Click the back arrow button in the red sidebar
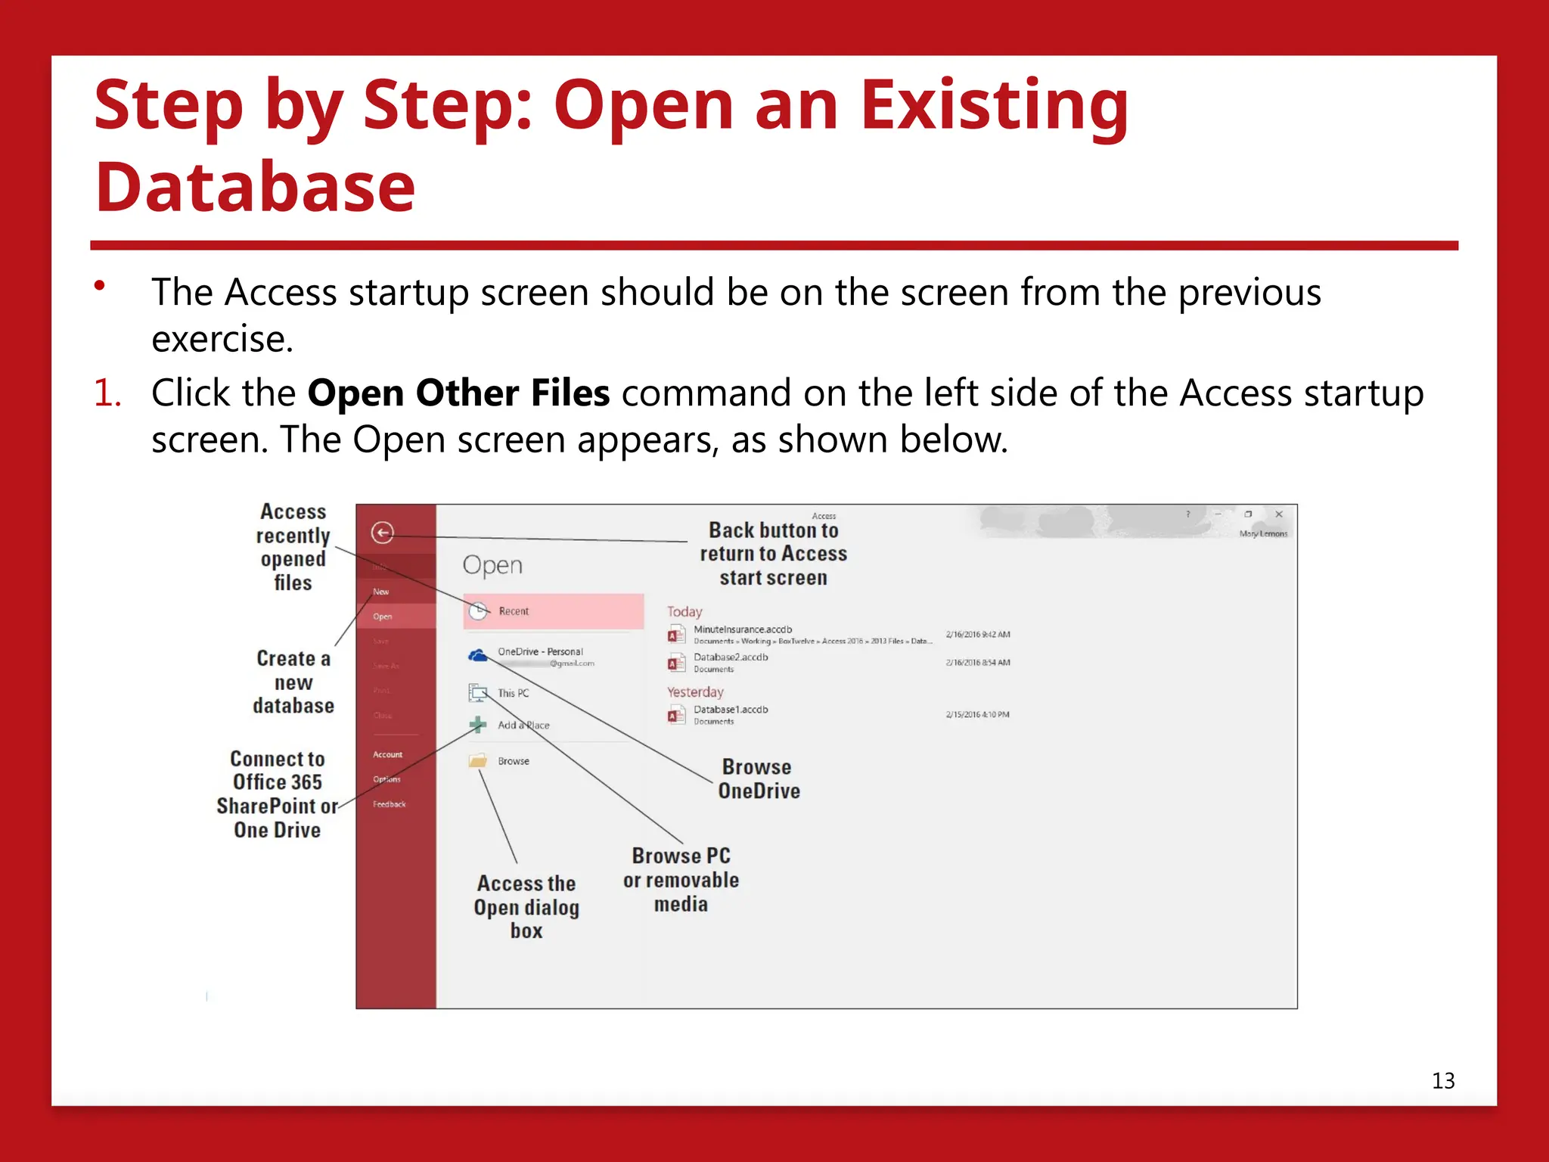[383, 533]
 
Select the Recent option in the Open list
[514, 611]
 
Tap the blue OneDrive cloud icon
[478, 655]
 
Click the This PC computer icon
[478, 692]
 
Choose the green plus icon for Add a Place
[478, 725]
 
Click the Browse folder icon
[478, 760]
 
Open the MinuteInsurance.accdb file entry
[743, 629]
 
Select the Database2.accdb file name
[731, 657]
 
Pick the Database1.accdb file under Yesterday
[731, 710]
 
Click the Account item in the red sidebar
[387, 754]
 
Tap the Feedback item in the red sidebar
[389, 804]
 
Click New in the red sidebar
[381, 592]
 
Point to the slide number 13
[1443, 1080]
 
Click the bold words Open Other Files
[458, 393]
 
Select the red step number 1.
[107, 393]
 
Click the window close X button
[1279, 514]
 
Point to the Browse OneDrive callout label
[759, 779]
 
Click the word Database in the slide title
[256, 187]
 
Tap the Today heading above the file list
[684, 611]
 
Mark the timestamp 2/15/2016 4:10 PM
[977, 714]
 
